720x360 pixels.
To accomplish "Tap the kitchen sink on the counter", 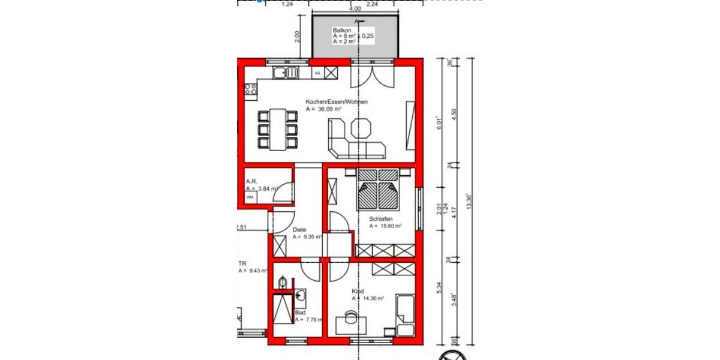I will [286, 73].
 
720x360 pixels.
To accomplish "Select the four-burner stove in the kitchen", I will [250, 91].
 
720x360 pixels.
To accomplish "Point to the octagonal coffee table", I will [362, 128].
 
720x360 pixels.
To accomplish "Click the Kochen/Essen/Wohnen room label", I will [336, 102].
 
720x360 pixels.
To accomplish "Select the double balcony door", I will [374, 78].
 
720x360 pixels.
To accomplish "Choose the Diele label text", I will [299, 230].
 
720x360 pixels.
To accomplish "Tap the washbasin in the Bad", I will [301, 296].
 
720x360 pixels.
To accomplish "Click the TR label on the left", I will [242, 263].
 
